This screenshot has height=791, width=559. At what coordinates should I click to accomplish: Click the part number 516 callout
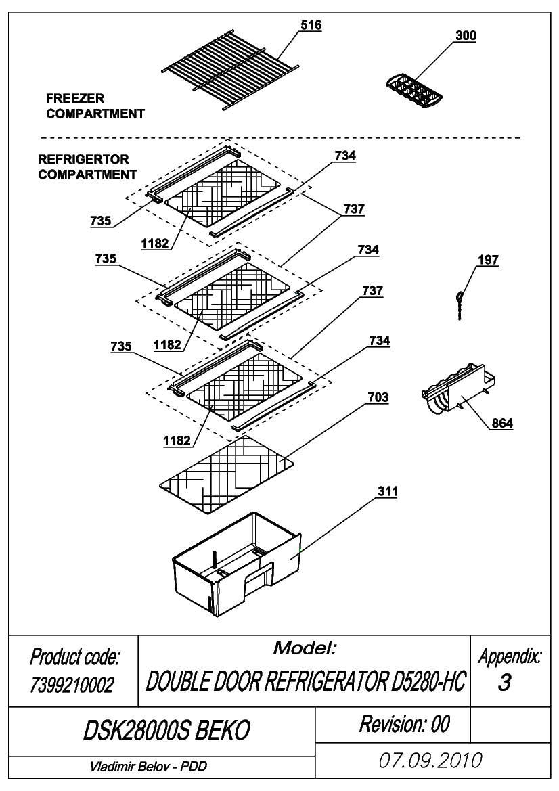[311, 25]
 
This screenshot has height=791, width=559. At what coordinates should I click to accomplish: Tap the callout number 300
[466, 36]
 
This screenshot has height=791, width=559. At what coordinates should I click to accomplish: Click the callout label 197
[488, 260]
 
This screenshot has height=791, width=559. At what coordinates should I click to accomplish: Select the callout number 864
[503, 423]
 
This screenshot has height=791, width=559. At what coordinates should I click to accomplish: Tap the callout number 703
[378, 397]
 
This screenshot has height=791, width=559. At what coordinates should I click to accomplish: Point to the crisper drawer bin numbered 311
[236, 564]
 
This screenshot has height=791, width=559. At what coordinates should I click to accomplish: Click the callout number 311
[388, 491]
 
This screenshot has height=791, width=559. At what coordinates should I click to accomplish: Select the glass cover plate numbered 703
[227, 475]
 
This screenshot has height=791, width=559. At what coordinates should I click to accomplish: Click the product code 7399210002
[72, 685]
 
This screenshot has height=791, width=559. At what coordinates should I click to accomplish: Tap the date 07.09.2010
[430, 761]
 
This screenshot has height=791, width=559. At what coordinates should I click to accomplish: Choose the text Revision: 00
[404, 724]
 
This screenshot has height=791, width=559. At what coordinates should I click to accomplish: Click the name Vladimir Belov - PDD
[148, 766]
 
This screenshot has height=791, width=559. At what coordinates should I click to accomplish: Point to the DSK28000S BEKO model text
[166, 730]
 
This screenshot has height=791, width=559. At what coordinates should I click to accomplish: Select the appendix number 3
[504, 683]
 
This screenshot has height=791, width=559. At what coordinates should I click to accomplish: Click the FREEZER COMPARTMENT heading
[95, 106]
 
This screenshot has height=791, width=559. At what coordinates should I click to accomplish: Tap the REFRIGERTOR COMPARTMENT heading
[87, 167]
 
